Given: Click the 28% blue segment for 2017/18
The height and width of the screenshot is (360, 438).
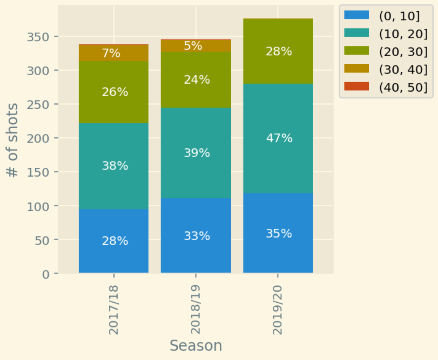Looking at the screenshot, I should (114, 228).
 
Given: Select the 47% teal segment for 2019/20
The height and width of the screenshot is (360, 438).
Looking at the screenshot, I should (278, 123).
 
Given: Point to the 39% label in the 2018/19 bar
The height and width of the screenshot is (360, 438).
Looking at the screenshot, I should (197, 153).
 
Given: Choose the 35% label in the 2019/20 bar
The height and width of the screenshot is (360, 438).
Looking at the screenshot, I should (279, 233).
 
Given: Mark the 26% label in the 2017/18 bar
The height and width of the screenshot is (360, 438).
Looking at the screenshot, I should (115, 92).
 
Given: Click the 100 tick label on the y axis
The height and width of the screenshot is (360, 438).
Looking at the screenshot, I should (38, 206).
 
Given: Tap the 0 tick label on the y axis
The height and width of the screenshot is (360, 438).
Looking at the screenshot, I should (46, 274).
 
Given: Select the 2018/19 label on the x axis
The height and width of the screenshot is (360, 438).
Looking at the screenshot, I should (196, 309).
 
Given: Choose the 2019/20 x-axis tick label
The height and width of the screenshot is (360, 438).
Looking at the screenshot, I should (278, 309).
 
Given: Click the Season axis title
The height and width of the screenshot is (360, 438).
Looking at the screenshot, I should (196, 346).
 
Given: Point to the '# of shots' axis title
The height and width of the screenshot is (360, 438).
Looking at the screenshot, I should (12, 140).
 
